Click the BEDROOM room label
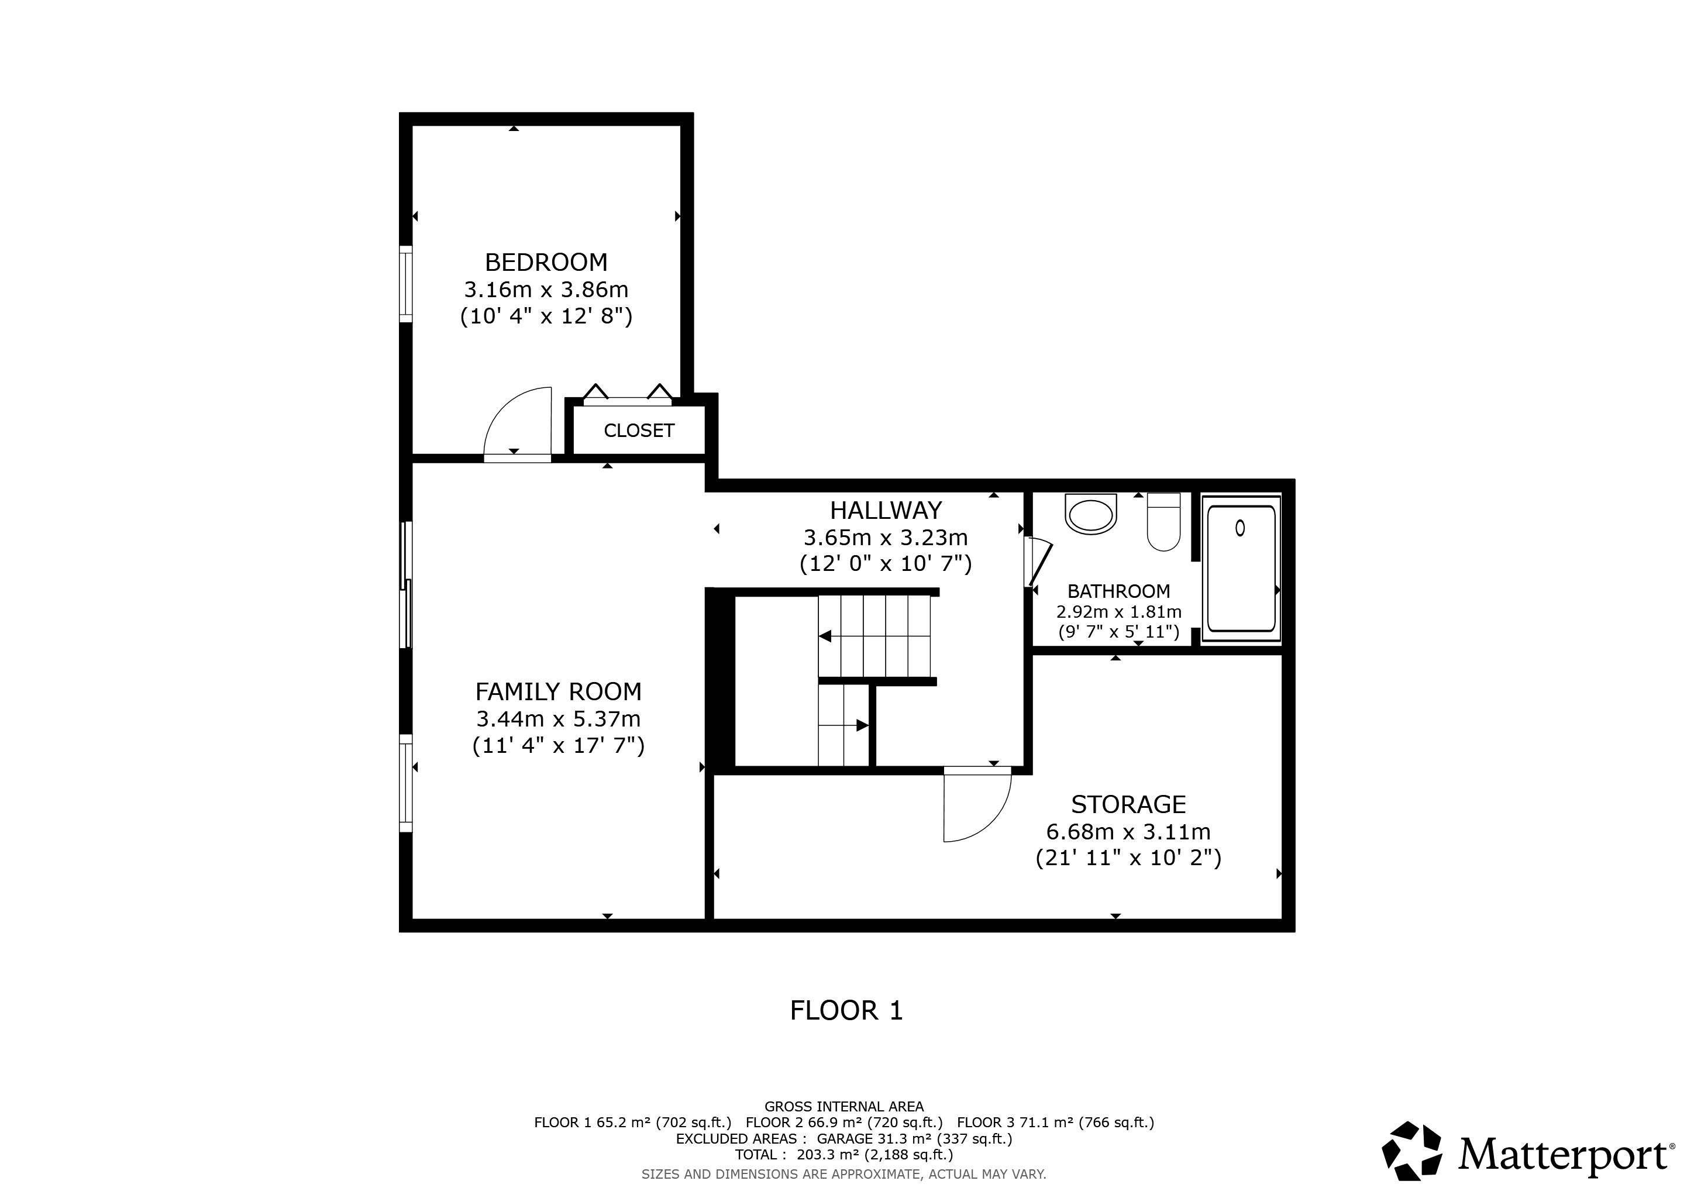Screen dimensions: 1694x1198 tap(546, 263)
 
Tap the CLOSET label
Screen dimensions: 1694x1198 tap(639, 430)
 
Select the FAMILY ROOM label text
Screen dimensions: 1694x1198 tap(559, 692)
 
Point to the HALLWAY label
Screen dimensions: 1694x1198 tap(886, 511)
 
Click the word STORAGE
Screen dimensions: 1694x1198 tap(1128, 804)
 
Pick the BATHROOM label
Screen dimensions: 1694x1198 tap(1118, 591)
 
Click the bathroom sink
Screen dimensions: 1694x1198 tap(1091, 514)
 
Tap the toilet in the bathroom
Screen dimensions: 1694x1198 tap(1163, 522)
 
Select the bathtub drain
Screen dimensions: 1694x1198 tap(1239, 528)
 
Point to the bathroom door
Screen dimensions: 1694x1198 tap(1040, 564)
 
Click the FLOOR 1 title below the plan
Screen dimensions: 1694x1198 tap(846, 1011)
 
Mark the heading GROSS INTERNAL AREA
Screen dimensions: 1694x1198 tap(844, 1107)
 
